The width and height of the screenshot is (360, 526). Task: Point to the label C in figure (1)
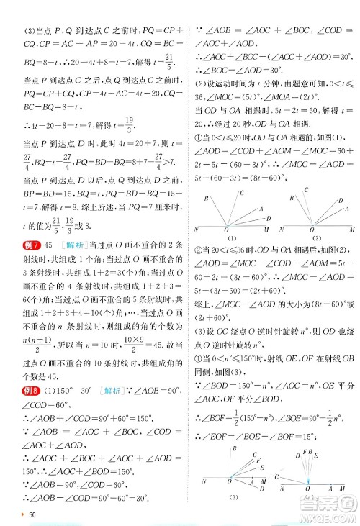pos(242,192)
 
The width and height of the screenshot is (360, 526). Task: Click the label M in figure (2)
pos(352,230)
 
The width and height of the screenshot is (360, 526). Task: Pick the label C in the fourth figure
pos(276,476)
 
